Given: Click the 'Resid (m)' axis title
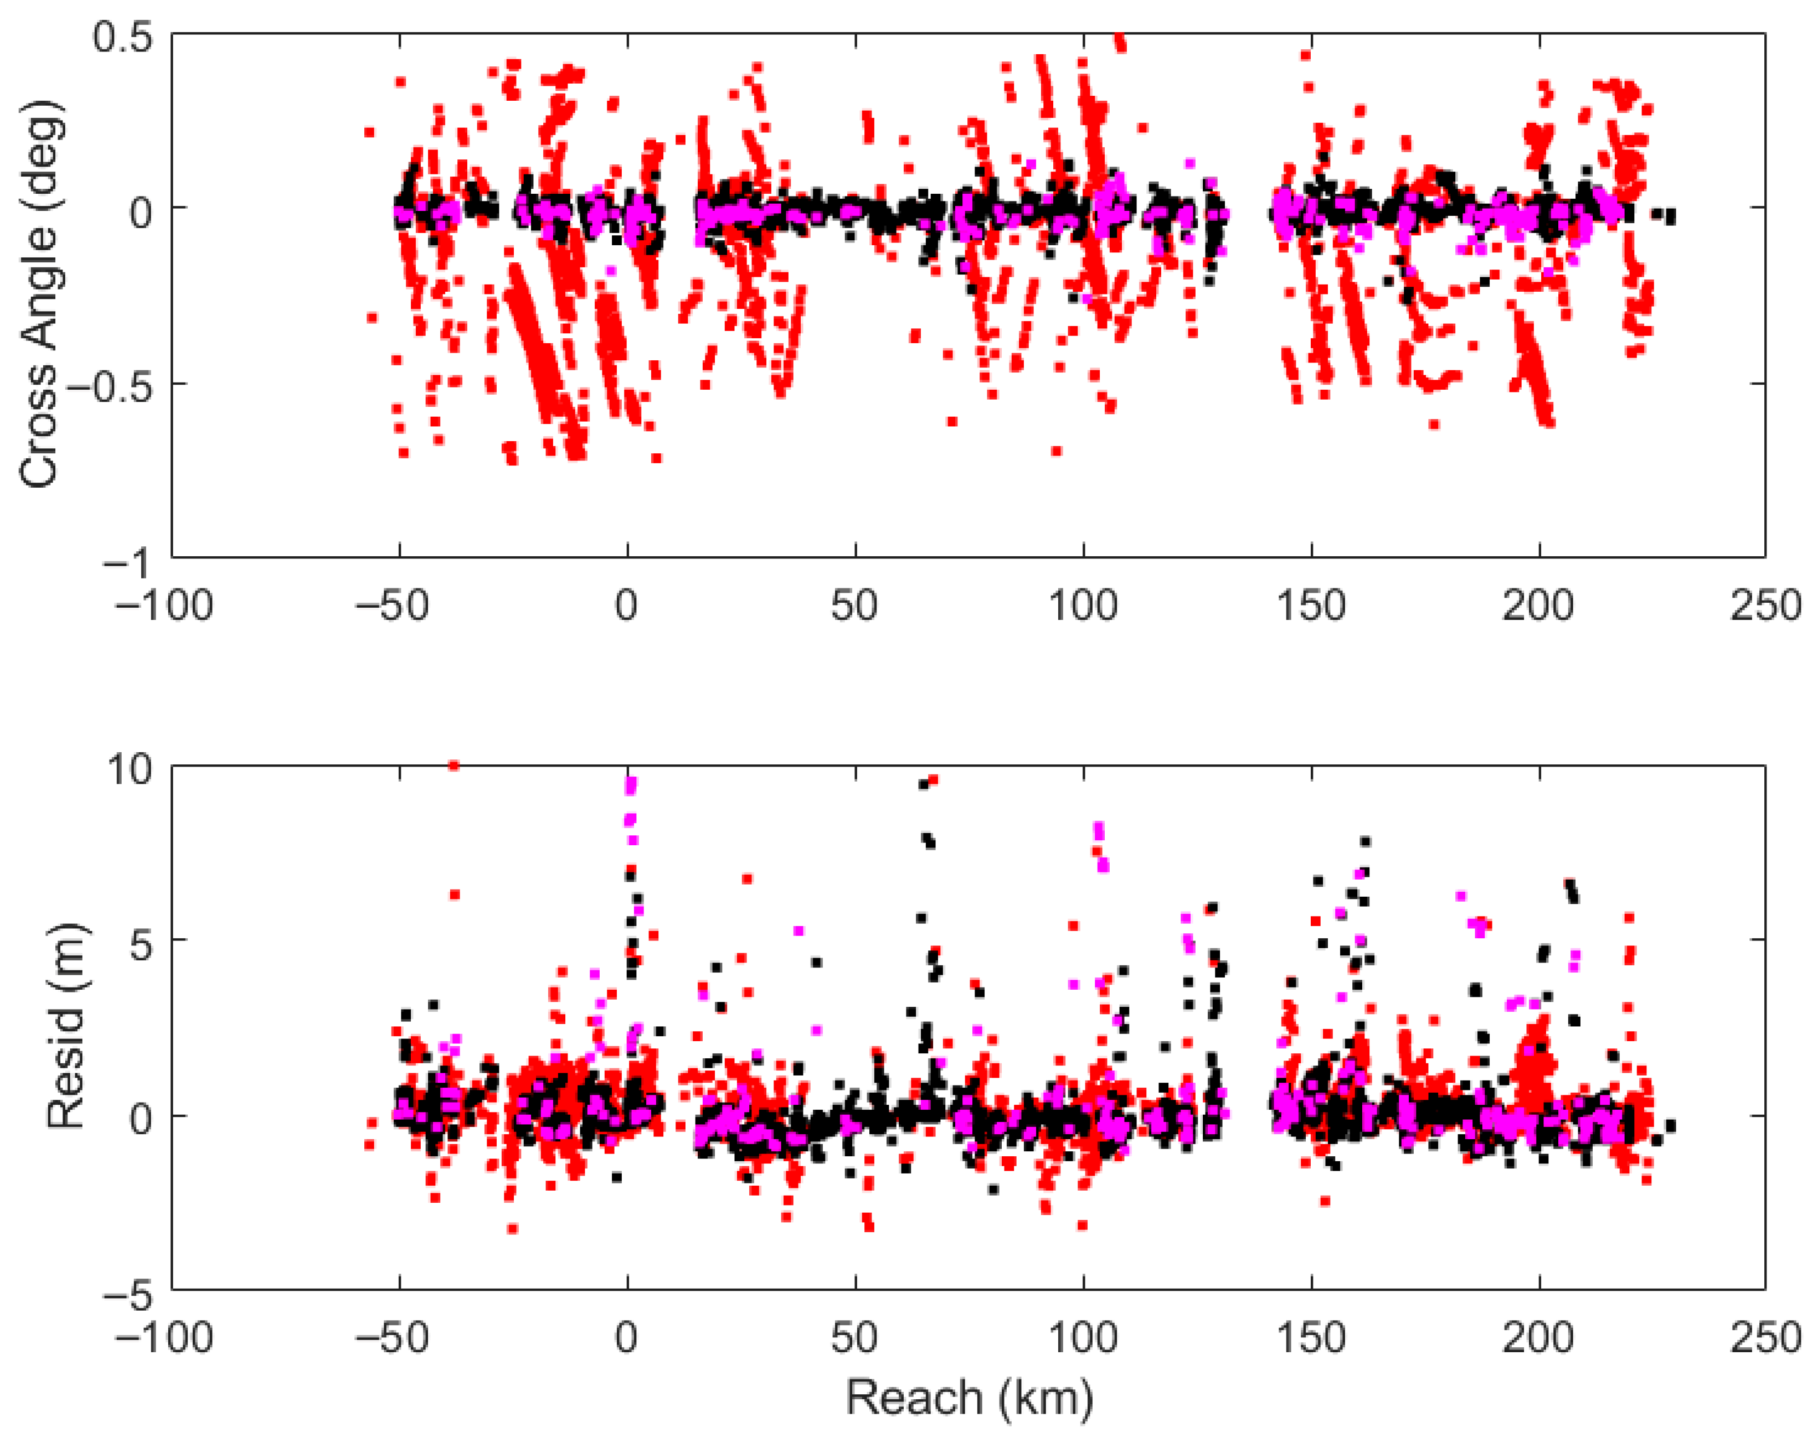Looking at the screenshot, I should tap(66, 1026).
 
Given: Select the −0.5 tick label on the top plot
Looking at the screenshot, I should tap(109, 384).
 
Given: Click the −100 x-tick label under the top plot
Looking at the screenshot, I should tap(164, 605).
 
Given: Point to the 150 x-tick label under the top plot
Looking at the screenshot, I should tap(1310, 605).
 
